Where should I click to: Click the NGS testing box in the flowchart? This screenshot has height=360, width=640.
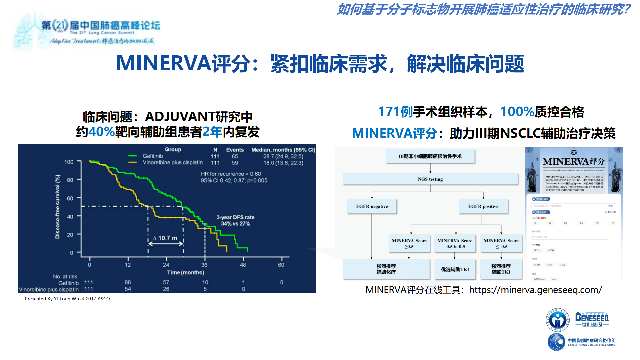tap(430, 179)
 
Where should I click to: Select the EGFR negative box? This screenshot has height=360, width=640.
tap(372, 206)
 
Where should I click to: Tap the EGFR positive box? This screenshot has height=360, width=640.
tap(483, 206)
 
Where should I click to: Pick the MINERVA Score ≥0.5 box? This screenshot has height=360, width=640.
tap(409, 243)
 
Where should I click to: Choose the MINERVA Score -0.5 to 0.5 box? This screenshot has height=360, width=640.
tap(455, 243)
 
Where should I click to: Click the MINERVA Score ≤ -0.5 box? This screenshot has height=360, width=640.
tap(501, 243)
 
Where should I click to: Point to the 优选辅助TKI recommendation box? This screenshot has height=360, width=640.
tap(455, 269)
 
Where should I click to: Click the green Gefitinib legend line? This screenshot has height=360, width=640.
tap(133, 156)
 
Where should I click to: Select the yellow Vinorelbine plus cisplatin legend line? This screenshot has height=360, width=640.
tap(133, 163)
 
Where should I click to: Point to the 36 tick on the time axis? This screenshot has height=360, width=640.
tap(204, 265)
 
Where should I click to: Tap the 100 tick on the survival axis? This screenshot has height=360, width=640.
tap(69, 162)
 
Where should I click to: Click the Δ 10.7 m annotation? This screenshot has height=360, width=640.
tap(165, 238)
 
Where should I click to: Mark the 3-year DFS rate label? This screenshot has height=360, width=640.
tap(235, 217)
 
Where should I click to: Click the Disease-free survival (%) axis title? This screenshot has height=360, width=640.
tap(58, 207)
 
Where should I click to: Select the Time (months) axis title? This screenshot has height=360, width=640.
tap(185, 273)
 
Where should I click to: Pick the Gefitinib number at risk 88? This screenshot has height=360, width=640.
tap(128, 282)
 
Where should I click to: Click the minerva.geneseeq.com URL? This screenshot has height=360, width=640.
tap(535, 290)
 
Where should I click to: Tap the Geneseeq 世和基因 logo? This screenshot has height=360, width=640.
tap(592, 319)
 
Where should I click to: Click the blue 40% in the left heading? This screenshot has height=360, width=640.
tap(102, 132)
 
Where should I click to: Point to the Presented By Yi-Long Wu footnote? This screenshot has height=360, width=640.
tap(67, 299)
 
